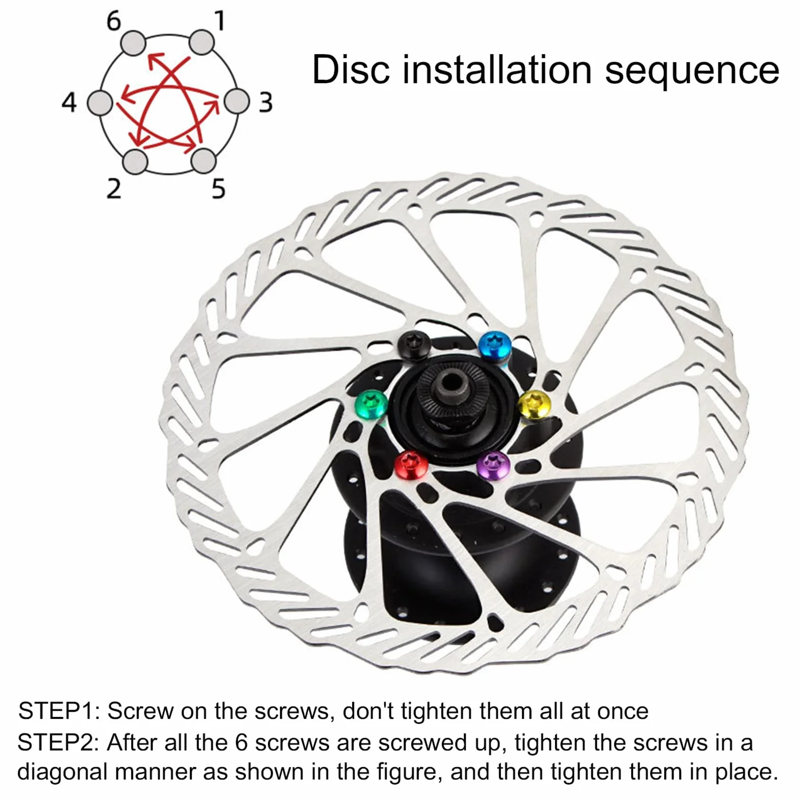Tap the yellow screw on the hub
coord(534,405)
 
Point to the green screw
coord(371,405)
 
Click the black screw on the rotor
coord(413,345)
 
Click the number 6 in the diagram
coord(114,21)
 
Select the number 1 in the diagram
coord(220,21)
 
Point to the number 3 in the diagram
coord(265,103)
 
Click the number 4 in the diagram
coord(69,102)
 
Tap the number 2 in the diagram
coord(114,188)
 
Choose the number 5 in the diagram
coord(218,188)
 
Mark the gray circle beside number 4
coord(100,103)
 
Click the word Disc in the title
coord(351,69)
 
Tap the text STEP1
coord(60,711)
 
